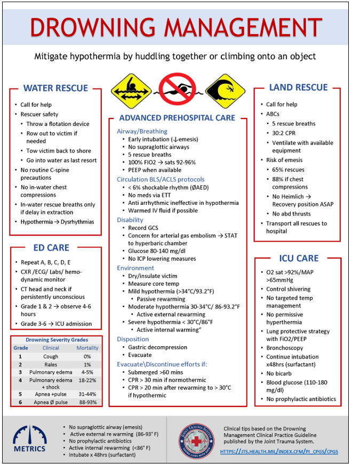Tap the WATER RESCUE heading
coord(55,89)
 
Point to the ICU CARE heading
coord(299,258)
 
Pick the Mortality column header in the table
coord(87,348)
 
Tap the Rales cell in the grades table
coord(51,364)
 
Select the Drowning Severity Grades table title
coord(57,340)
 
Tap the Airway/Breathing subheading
coord(142,131)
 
